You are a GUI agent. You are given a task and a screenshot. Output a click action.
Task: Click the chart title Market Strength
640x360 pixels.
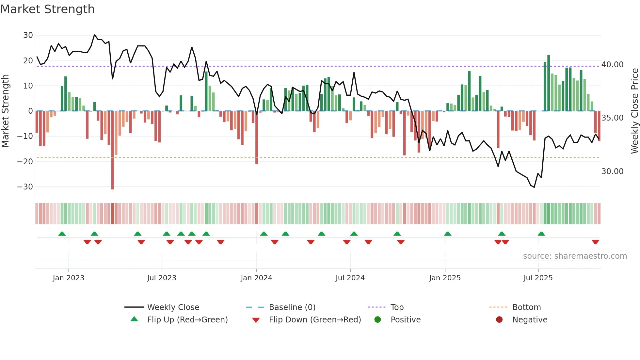[47, 9]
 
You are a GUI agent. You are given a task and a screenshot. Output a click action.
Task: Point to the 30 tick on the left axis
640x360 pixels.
[28, 35]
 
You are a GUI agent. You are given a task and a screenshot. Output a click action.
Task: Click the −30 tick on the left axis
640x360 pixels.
[25, 187]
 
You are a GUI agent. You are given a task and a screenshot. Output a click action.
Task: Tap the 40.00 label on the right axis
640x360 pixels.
[612, 65]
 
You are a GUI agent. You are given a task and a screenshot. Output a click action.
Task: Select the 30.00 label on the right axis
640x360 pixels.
[612, 172]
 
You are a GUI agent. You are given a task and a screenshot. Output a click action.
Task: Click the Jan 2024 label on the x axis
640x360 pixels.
[256, 278]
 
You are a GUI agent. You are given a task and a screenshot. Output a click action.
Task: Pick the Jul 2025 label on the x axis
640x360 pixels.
[538, 278]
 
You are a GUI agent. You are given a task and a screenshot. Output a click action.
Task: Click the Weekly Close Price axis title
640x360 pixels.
[634, 111]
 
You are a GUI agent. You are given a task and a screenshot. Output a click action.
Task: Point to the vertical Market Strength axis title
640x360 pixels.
[5, 111]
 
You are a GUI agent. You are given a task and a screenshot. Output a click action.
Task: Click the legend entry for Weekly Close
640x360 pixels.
[173, 307]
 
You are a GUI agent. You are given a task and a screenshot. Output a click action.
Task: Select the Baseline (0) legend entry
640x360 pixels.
[292, 307]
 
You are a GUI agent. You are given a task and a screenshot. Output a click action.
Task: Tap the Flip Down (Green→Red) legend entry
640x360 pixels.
[315, 320]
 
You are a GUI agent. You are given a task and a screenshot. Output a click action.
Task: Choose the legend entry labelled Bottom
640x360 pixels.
[526, 307]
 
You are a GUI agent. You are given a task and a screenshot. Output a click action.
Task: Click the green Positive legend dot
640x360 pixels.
[378, 320]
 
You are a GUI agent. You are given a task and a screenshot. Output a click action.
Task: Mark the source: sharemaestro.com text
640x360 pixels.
[575, 256]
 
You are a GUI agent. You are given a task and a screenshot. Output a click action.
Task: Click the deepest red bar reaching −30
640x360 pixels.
[113, 150]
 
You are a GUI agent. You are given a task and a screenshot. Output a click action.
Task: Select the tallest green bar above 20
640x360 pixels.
[549, 83]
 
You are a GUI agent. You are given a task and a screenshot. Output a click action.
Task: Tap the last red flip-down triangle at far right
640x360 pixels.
[595, 242]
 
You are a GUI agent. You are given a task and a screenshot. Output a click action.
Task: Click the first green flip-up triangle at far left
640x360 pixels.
[62, 234]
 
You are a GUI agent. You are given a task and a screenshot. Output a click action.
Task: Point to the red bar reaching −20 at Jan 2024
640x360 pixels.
[257, 137]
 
